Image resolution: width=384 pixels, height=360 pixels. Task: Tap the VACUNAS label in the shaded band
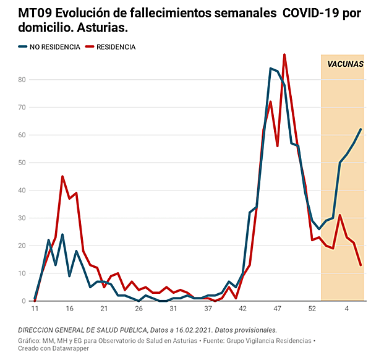click(345, 64)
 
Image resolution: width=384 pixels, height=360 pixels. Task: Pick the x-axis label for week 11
click(35, 308)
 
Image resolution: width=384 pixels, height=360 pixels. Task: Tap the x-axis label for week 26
click(139, 308)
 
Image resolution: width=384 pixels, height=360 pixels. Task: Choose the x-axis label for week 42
click(243, 308)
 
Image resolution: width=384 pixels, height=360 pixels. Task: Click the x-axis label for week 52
click(313, 308)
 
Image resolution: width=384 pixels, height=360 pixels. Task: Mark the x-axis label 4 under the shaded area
click(347, 308)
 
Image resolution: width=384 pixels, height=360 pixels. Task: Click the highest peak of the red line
click(284, 54)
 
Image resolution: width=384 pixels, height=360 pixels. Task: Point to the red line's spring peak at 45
click(62, 176)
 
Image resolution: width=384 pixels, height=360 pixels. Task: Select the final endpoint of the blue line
click(361, 129)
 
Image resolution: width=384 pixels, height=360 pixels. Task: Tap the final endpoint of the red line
click(361, 265)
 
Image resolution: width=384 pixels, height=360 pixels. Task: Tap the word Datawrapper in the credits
click(65, 348)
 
